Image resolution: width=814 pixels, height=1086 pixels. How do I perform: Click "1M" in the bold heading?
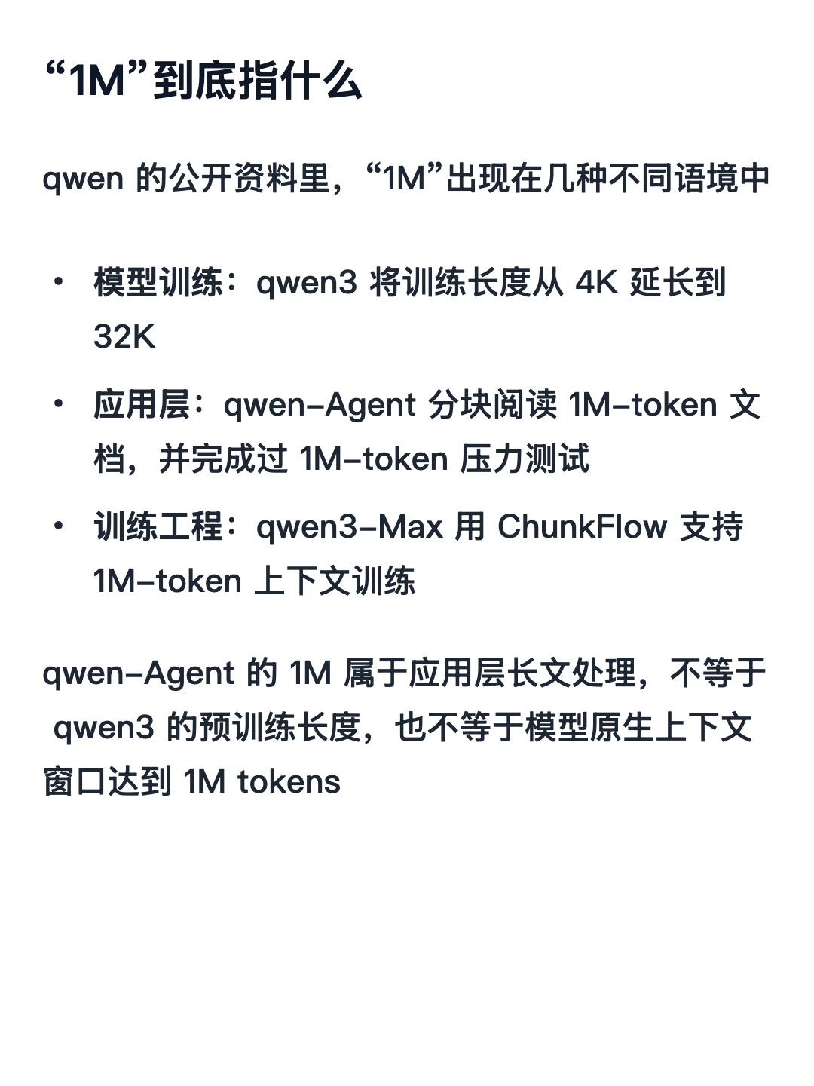pos(97,81)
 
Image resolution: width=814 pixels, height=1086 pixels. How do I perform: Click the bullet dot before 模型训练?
pos(59,282)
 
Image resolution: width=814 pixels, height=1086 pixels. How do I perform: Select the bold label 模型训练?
pos(158,283)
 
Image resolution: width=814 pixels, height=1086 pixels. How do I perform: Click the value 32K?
pos(124,336)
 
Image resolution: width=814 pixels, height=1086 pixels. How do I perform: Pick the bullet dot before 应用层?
pos(59,404)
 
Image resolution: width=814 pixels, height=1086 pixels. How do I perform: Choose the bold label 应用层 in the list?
pos(142,405)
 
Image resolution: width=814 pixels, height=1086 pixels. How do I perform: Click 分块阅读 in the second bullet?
pos(492,405)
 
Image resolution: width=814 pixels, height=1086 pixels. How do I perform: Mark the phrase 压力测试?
pos(525,459)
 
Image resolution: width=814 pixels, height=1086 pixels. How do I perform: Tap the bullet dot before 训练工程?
pos(59,526)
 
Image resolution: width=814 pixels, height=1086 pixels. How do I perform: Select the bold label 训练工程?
pos(158,526)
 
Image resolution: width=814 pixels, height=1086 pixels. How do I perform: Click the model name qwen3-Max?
pos(350,527)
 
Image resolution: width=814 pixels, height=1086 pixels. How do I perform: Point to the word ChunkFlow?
pos(582,526)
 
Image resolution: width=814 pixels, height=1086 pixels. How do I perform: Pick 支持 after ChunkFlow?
pos(711,526)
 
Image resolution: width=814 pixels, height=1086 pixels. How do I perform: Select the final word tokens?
pos(289,783)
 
